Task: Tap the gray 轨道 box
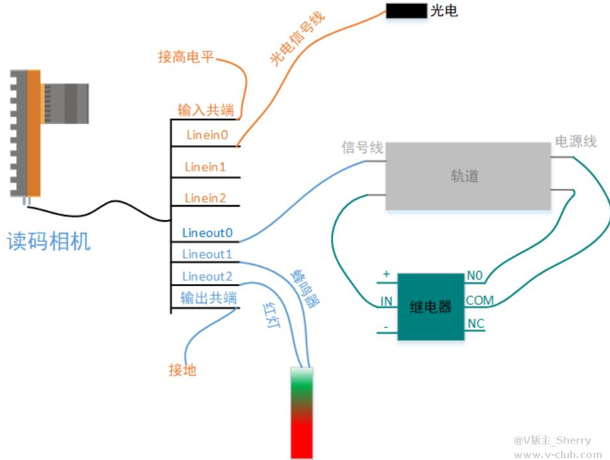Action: coord(467,176)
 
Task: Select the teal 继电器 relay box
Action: coord(431,306)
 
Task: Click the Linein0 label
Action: coord(207,136)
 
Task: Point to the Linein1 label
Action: coord(205,167)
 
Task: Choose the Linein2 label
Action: coord(205,198)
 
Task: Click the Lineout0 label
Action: coord(207,233)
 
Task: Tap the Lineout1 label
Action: coord(207,254)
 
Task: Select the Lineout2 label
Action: coord(207,276)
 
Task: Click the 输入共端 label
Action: coord(206,110)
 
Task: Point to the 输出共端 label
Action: coord(209,298)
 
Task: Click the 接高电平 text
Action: coord(186,57)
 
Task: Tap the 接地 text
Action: coord(182,371)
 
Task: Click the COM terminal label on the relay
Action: coord(480,301)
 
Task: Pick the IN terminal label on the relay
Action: coord(386,302)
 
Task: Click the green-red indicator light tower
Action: coord(302,413)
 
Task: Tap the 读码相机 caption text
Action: coord(49,241)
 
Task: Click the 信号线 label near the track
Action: coord(362,148)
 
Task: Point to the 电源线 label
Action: coord(575,141)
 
